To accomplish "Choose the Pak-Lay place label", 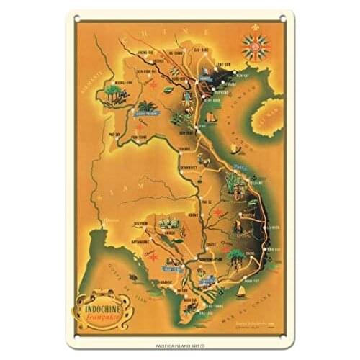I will pyautogui.click(x=114, y=133).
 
